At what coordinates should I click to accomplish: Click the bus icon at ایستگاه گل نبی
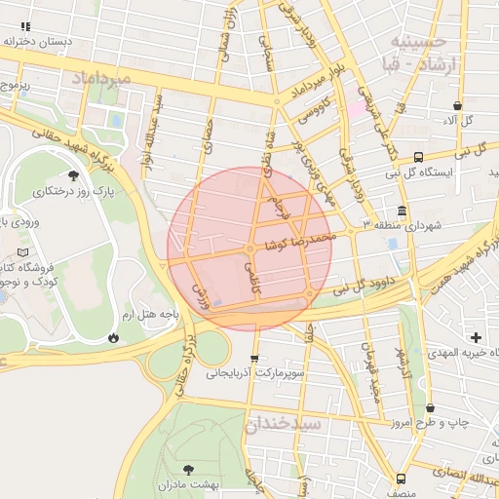(x=418, y=156)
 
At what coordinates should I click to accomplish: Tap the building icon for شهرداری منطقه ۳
(x=403, y=211)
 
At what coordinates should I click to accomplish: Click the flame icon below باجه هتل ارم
(x=113, y=337)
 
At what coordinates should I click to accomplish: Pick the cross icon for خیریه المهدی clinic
(x=476, y=336)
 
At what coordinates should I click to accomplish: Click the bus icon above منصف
(x=402, y=479)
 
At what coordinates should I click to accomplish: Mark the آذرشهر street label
(x=404, y=362)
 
